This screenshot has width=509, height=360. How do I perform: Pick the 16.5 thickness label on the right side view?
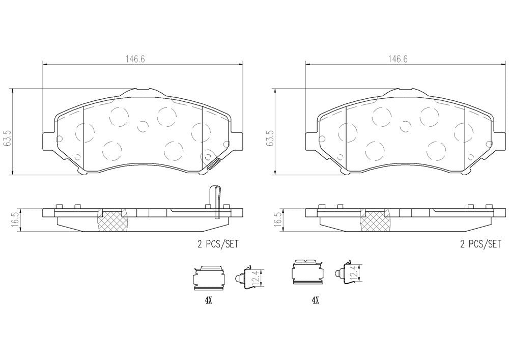pos(278,219)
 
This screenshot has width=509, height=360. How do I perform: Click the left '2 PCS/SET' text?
pos(218,244)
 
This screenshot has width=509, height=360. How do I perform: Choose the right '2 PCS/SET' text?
pos(480,244)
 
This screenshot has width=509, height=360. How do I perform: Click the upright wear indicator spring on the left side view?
pos(216,201)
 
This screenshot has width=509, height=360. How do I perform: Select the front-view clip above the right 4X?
pos(308,275)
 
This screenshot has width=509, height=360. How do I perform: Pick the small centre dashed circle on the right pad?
pos(405,125)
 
